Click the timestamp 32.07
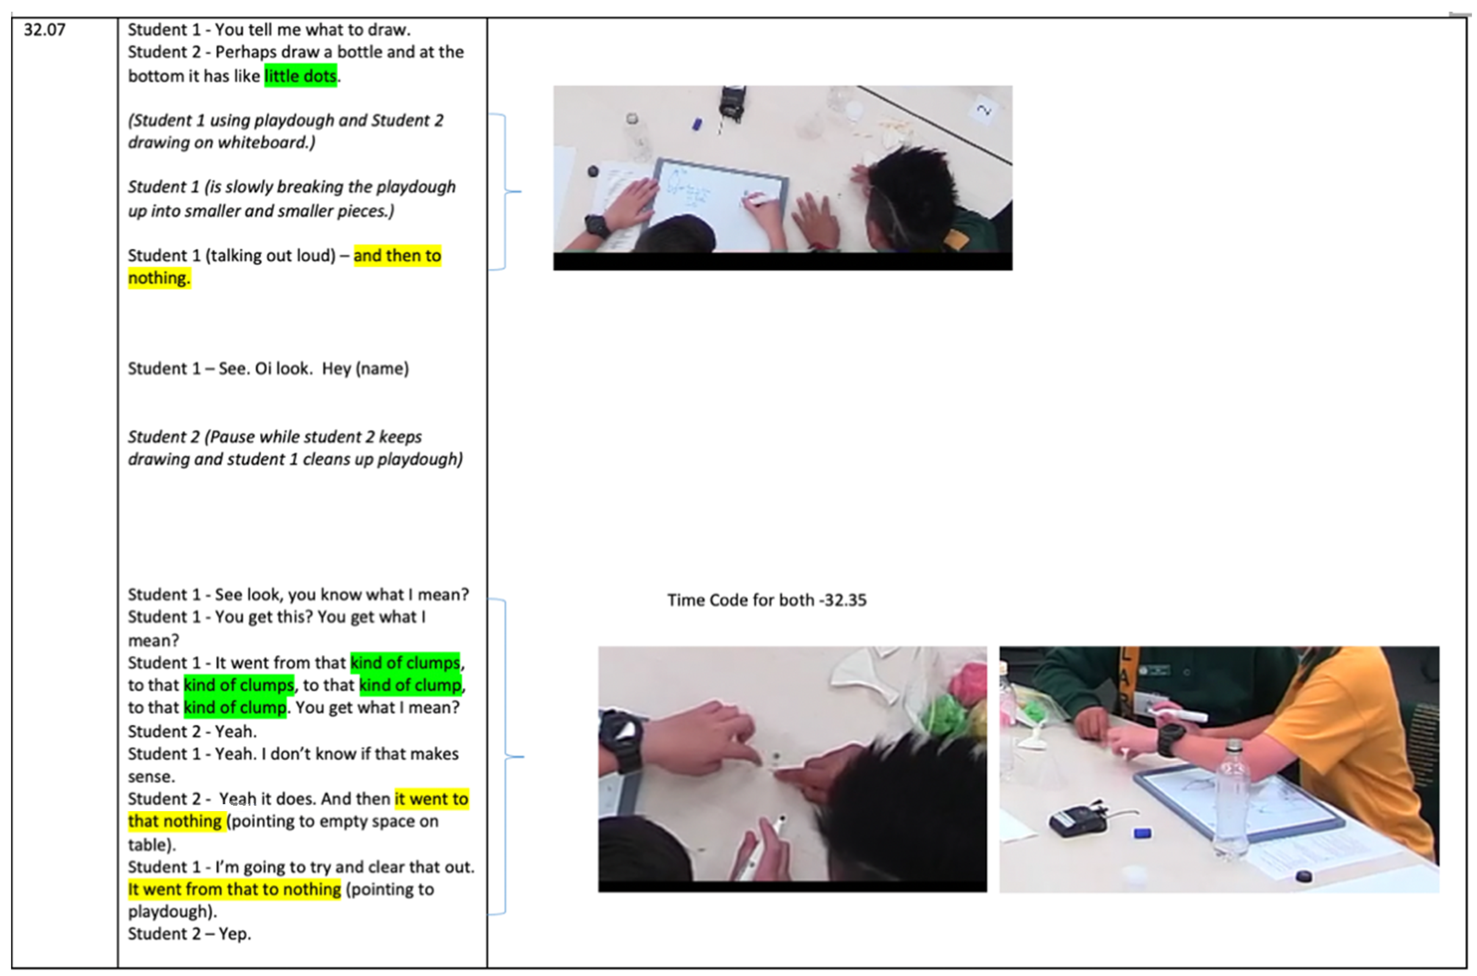point(44,30)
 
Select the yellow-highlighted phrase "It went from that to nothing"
point(235,889)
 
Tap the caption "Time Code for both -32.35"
point(766,600)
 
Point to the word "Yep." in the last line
point(235,934)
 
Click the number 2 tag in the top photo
point(983,110)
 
